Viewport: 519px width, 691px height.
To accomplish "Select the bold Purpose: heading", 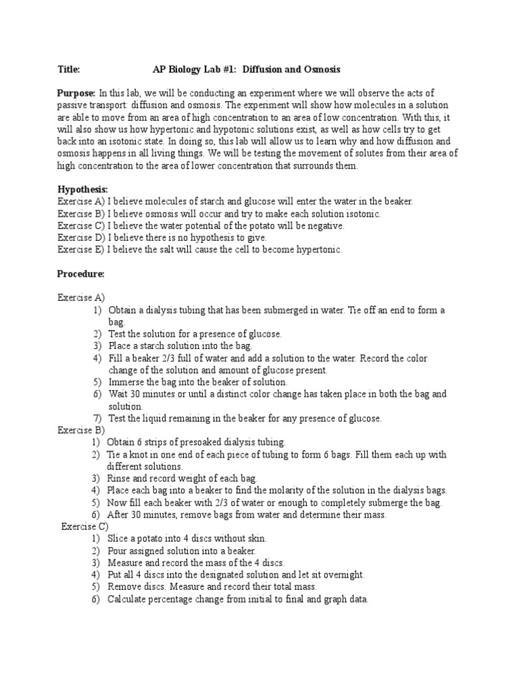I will click(76, 93).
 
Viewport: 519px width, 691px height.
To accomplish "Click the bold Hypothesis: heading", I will click(82, 190).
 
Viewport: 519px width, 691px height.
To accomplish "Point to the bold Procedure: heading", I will click(81, 274).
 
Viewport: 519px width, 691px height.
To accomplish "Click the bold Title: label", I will click(69, 70).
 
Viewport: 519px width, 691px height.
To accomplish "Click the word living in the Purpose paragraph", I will click(174, 154).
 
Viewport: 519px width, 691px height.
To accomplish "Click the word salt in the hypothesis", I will click(169, 250).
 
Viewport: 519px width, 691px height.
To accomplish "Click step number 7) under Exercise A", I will click(98, 418).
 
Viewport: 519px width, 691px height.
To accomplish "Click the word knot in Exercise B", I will click(135, 454).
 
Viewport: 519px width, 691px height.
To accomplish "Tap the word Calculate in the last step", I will click(128, 599).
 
